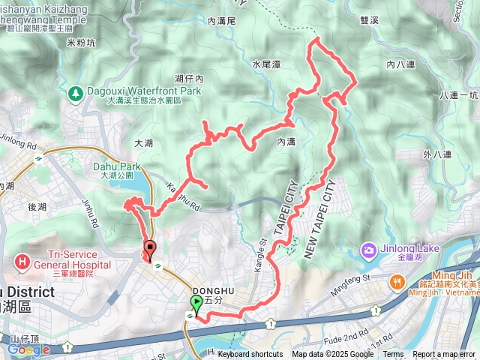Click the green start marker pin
click(197, 304)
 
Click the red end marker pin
click(149, 250)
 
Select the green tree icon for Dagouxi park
click(76, 94)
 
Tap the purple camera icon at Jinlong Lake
click(368, 249)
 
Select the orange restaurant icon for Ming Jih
click(396, 282)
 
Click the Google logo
click(28, 349)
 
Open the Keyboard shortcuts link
click(250, 355)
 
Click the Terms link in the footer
click(393, 355)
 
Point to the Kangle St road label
click(263, 251)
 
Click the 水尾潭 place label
click(266, 65)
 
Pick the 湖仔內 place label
click(189, 78)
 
